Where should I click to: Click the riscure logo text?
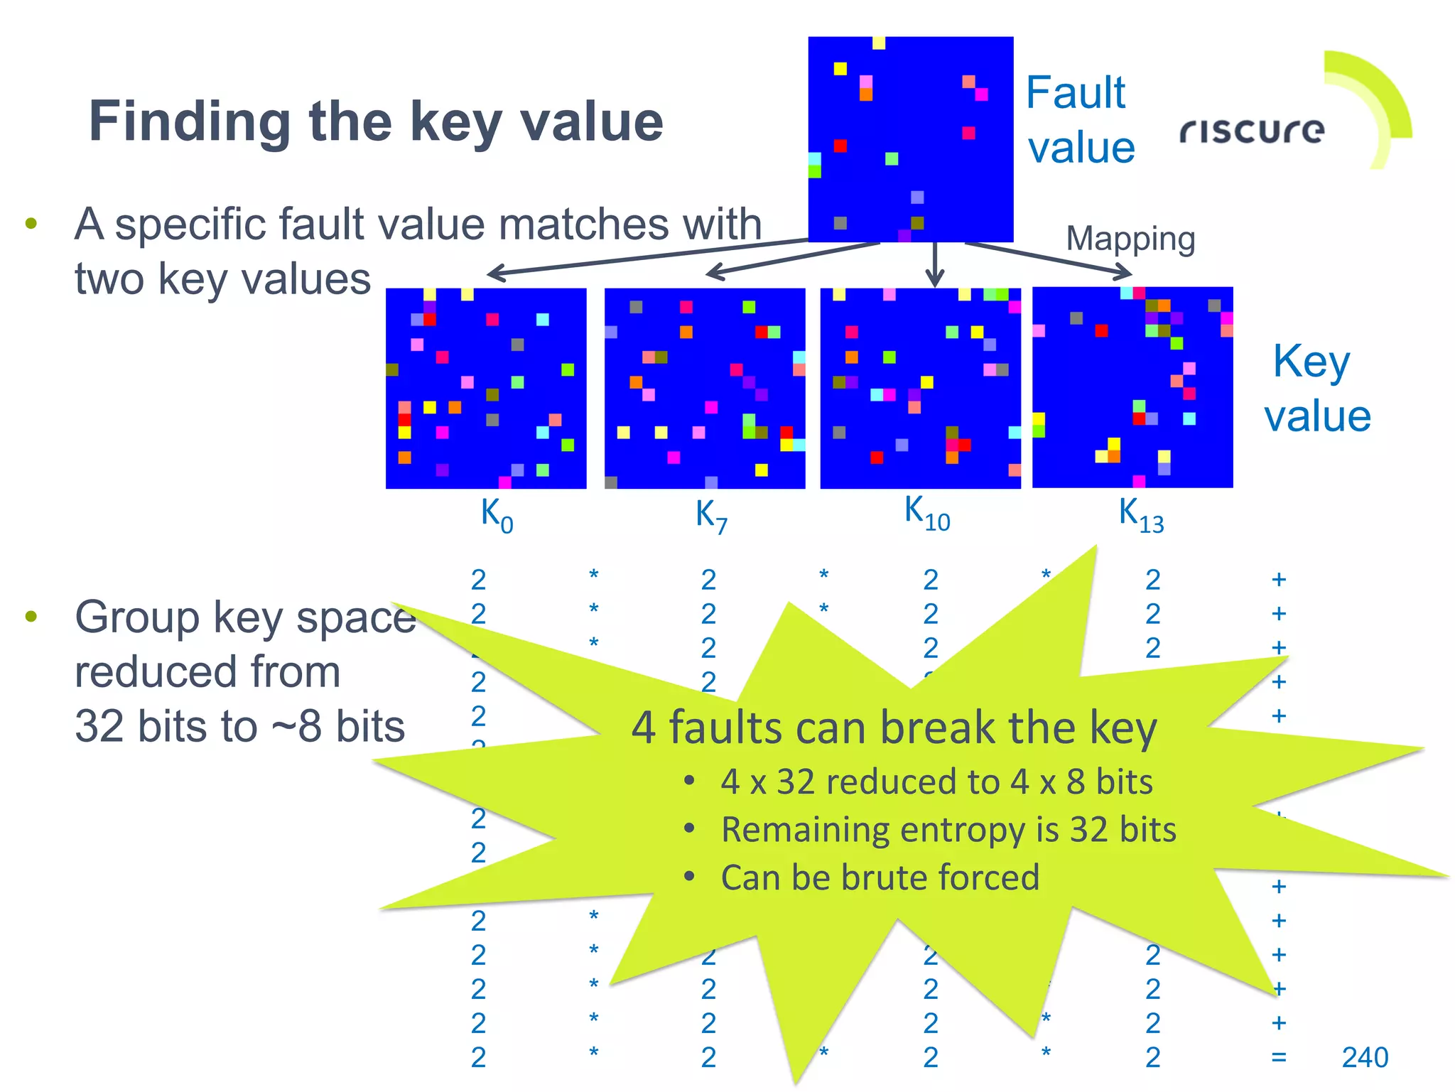1252,130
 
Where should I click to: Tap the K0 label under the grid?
496,514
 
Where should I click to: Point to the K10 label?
926,513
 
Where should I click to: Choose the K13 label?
1140,514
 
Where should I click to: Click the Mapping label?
1130,239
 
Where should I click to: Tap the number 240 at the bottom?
1364,1057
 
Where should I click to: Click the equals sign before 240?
1279,1057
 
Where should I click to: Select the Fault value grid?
910,139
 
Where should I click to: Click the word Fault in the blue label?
1076,92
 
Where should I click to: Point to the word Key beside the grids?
1311,362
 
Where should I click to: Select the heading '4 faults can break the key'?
894,728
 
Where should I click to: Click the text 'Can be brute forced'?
880,877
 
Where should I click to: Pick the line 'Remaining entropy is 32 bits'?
948,829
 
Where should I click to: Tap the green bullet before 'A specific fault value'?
31,224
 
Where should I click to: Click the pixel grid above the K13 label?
1132,387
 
